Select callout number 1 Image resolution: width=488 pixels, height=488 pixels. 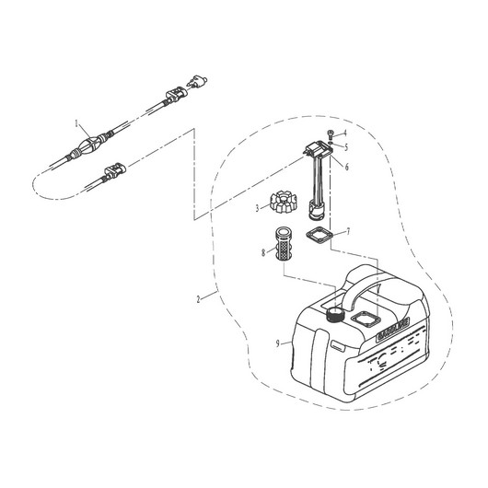(77, 122)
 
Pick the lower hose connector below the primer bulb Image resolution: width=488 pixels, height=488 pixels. (115, 171)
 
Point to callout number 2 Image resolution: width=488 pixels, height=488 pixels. (199, 298)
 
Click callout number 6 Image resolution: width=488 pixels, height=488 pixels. (346, 168)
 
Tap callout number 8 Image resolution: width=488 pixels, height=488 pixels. (262, 250)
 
